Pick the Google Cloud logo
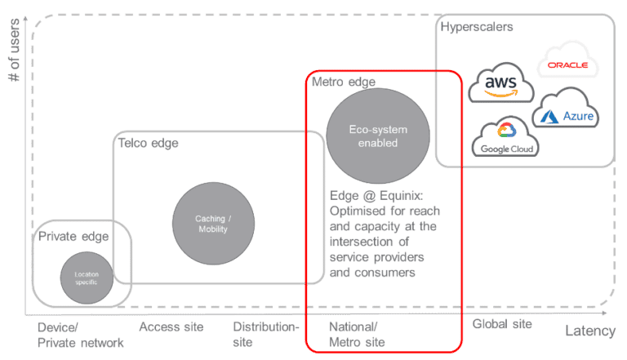point(506,139)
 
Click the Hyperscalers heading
point(477,27)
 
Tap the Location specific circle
point(86,278)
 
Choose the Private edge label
point(73,237)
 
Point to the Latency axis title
point(590,331)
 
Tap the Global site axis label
point(502,324)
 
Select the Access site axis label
point(171,327)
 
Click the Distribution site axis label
point(266,335)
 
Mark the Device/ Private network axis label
point(81,336)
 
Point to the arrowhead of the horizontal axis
point(609,312)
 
